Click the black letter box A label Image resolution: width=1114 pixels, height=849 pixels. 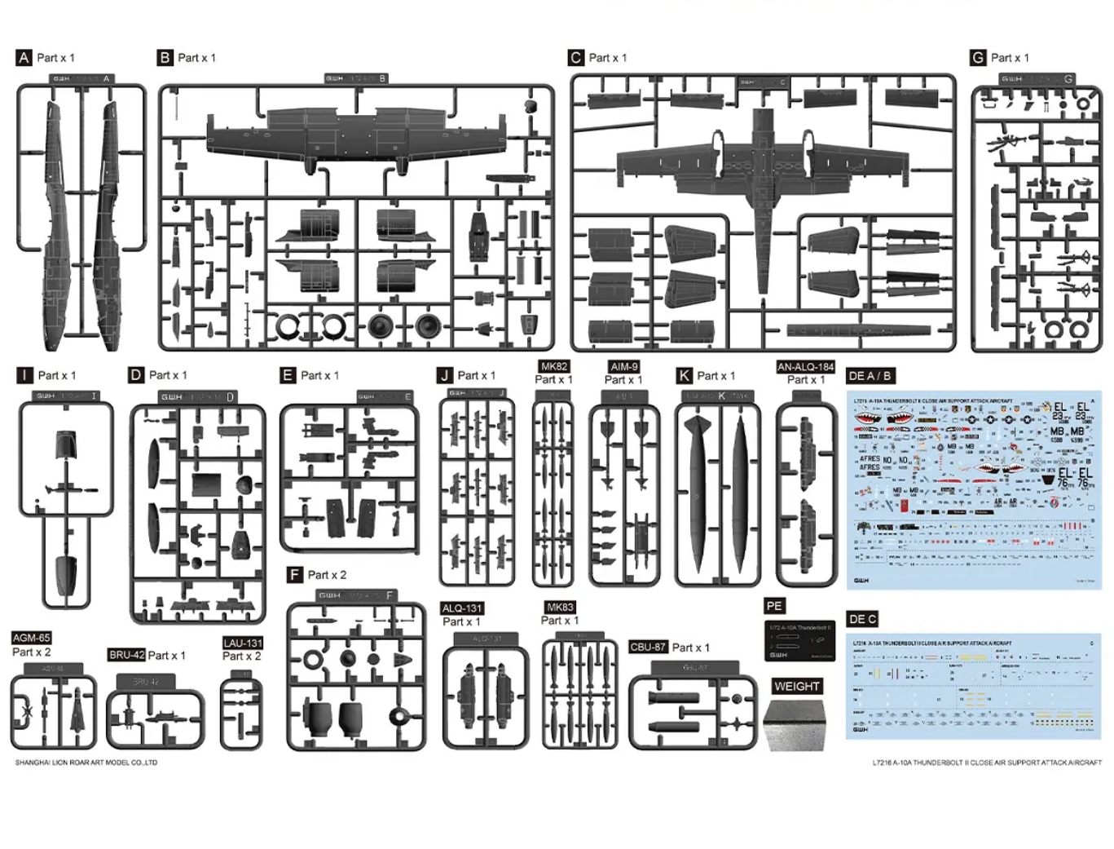click(24, 58)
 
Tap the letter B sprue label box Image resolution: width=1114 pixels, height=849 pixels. click(165, 58)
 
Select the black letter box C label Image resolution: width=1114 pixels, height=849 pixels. click(576, 58)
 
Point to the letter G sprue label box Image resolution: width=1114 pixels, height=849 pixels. click(979, 58)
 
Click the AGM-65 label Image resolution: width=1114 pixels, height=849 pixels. click(32, 638)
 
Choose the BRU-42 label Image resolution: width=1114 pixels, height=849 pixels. click(126, 655)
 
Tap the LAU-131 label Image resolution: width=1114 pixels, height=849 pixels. click(243, 643)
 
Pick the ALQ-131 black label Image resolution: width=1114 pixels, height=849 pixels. click(462, 608)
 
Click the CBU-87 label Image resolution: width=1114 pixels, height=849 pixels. click(649, 647)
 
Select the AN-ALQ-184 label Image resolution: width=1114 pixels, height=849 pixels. click(805, 367)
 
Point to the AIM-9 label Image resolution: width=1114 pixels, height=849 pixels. click(623, 367)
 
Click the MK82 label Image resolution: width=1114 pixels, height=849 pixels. click(554, 367)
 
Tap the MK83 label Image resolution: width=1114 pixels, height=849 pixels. click(560, 608)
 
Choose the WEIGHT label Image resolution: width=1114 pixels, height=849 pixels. click(796, 687)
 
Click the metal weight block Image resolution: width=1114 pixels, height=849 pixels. click(795, 724)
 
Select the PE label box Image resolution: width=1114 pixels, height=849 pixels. click(774, 606)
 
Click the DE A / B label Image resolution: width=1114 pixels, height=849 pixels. click(870, 376)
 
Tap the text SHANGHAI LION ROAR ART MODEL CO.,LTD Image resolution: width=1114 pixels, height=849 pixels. click(86, 763)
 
